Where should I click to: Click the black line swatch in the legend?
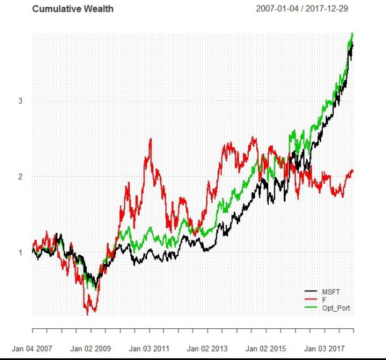(x=311, y=291)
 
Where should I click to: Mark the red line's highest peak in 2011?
(x=151, y=139)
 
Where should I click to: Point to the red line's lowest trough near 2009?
(x=88, y=314)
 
